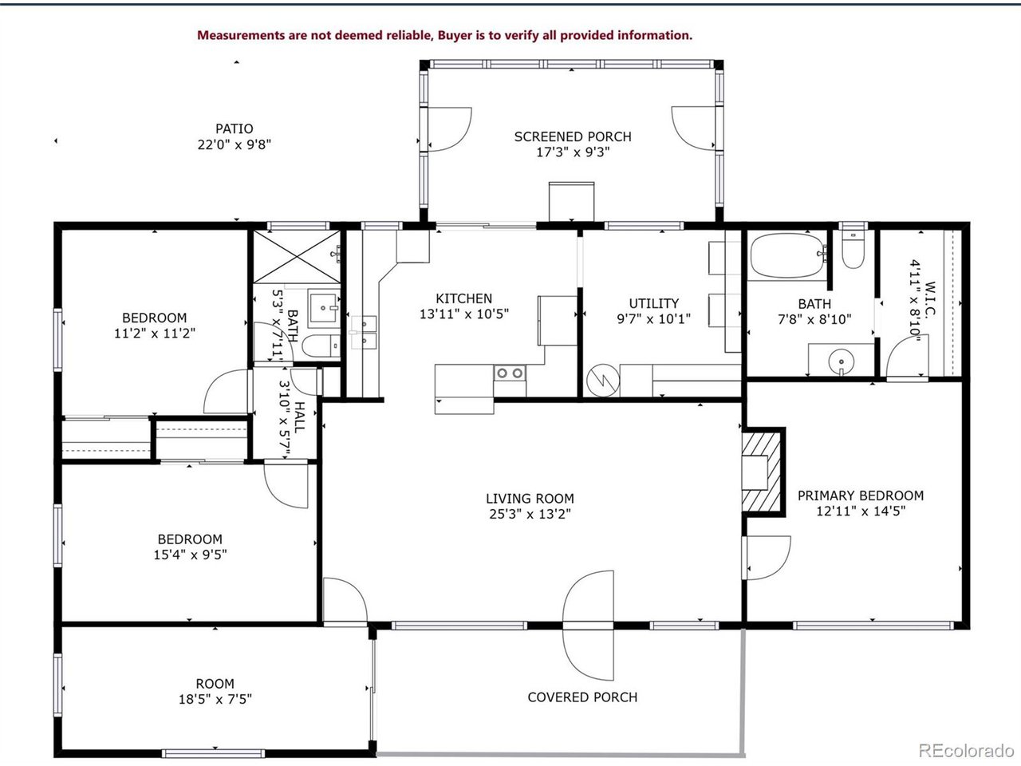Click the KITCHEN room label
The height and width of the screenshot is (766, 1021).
coord(463,298)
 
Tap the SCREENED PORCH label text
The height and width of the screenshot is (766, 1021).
coord(572,136)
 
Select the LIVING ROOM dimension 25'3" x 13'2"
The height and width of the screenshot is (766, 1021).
coord(530,514)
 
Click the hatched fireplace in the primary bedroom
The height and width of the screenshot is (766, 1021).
coord(762,471)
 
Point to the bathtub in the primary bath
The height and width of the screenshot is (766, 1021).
coord(786,255)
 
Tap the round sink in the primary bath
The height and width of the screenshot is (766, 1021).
coord(842,363)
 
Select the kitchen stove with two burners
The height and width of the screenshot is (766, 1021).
coord(509,373)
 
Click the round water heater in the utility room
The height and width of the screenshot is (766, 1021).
coord(601,381)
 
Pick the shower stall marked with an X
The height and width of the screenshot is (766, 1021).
coord(297,256)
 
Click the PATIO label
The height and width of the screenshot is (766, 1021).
coord(235,128)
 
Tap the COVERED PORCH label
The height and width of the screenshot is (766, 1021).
coord(582,697)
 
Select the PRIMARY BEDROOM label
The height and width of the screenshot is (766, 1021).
coord(861,496)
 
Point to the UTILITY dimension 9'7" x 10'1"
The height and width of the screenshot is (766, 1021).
coord(653,319)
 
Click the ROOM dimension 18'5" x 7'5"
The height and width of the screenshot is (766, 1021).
coord(215,700)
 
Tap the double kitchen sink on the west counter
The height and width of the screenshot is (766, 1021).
coord(365,333)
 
